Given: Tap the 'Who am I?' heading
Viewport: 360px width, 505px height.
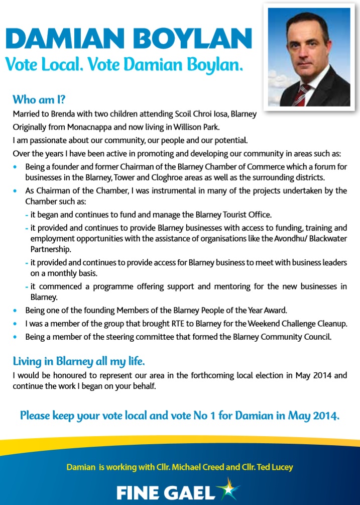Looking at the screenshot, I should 39,98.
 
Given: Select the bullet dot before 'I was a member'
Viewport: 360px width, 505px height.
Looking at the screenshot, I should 18,324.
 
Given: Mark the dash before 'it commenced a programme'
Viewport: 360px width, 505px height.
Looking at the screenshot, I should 27,287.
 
